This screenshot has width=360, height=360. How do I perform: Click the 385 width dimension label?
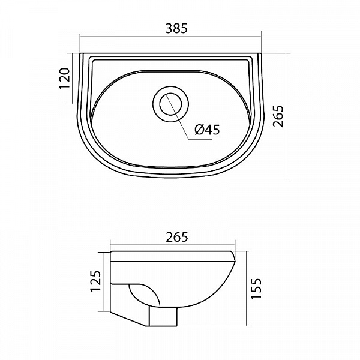176,28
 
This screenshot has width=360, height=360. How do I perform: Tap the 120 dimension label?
65,78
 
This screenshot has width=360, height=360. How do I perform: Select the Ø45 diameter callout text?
207,130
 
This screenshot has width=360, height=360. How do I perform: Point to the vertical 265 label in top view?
278,116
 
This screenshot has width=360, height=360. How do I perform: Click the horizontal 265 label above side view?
177,237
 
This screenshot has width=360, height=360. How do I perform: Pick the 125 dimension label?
95,281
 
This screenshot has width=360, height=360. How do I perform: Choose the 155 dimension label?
256,289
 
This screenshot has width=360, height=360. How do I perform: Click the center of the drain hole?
170,104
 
